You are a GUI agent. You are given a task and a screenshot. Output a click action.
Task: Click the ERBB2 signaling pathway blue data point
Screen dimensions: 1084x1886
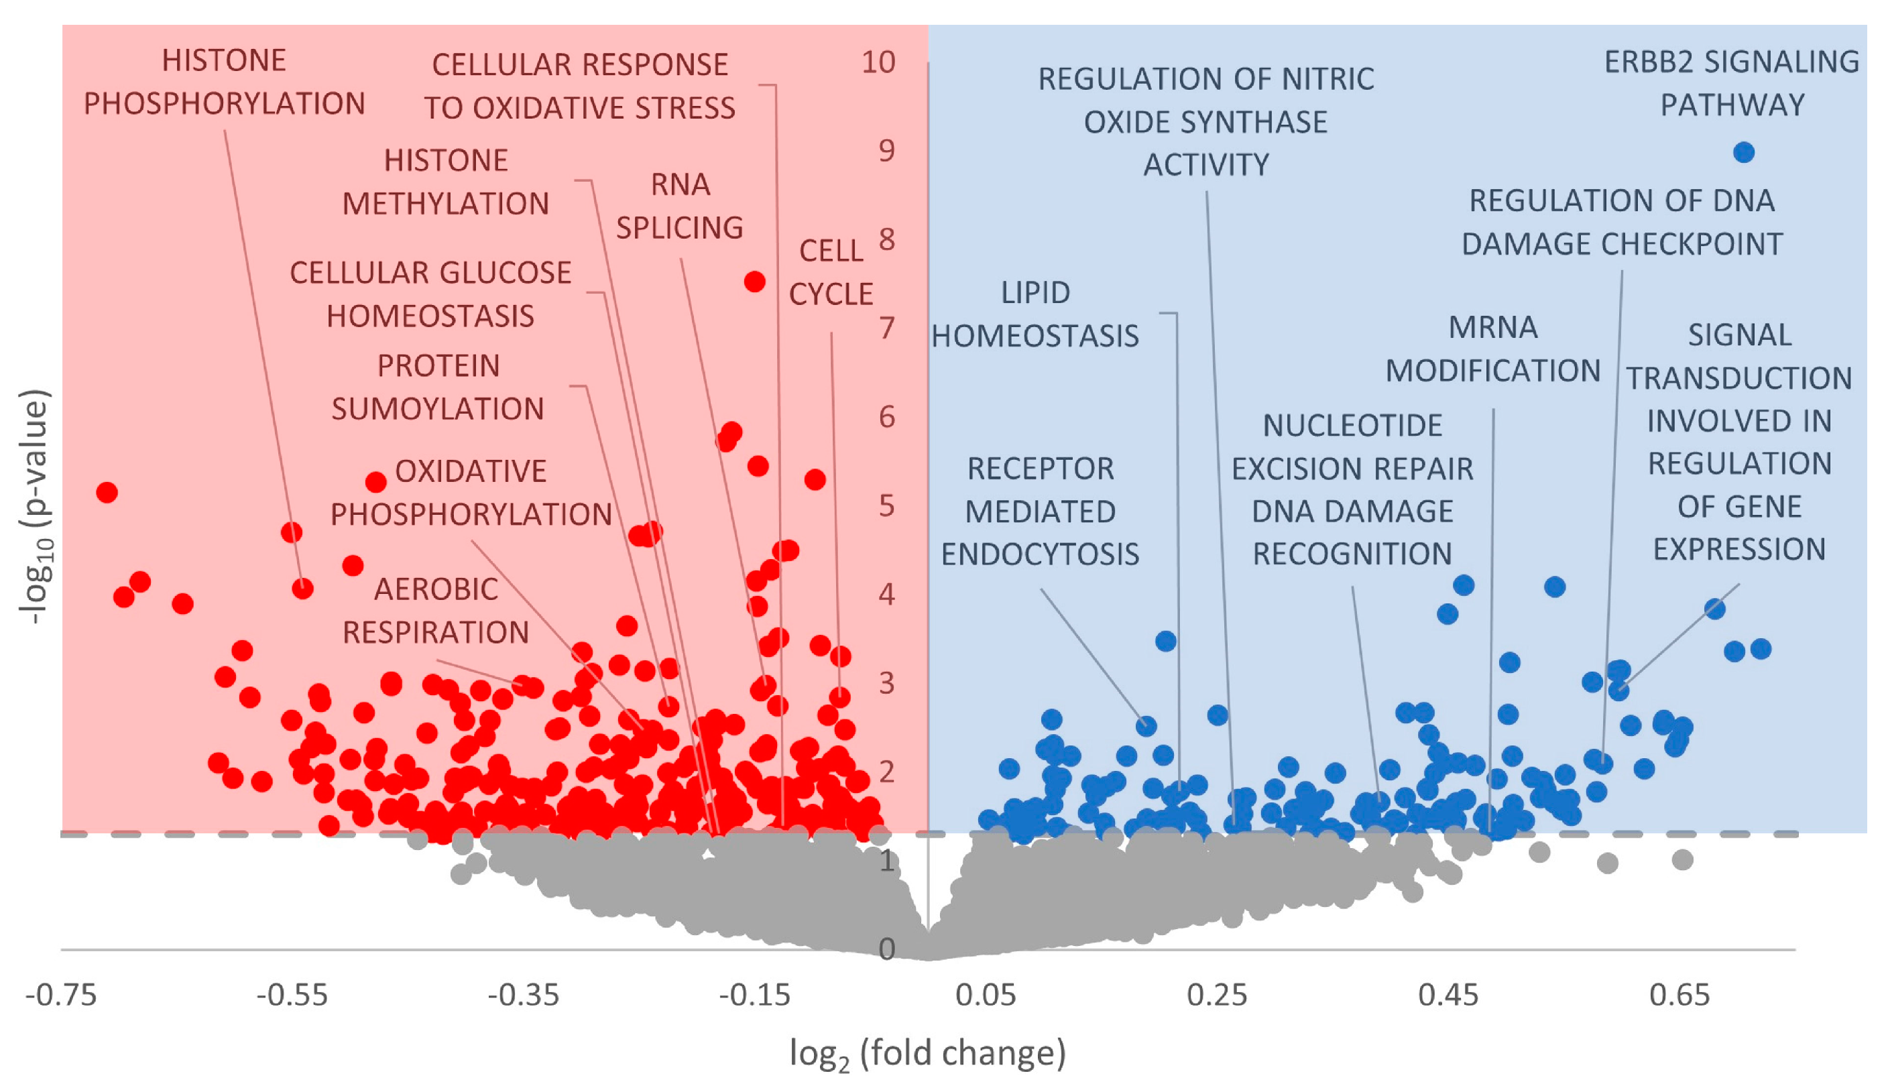(1744, 153)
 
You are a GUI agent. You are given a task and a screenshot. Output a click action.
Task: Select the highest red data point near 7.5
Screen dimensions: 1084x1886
(754, 282)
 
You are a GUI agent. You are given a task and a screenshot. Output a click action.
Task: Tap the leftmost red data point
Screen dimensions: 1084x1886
(107, 492)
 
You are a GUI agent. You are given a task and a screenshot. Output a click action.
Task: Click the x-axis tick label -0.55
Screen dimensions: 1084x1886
(292, 996)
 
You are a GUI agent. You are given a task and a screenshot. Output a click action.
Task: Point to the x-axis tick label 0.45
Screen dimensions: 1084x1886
(1448, 996)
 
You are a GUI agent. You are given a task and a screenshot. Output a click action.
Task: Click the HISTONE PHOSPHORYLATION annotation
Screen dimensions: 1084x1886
(224, 82)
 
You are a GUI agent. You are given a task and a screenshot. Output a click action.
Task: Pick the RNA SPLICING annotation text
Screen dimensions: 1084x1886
(679, 206)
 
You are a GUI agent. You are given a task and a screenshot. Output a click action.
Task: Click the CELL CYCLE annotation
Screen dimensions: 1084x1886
(831, 272)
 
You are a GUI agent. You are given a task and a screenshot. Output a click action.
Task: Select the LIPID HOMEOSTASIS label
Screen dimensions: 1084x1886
(1035, 314)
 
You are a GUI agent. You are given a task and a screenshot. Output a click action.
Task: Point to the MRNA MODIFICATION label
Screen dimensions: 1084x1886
(1493, 349)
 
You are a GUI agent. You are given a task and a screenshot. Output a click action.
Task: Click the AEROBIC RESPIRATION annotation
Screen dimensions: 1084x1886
(436, 611)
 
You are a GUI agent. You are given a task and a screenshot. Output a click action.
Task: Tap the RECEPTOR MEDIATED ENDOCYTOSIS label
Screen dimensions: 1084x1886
(1040, 511)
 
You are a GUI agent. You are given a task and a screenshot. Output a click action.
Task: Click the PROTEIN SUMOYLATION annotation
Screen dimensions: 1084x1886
(438, 387)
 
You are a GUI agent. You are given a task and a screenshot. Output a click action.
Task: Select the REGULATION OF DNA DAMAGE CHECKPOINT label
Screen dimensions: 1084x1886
(1622, 222)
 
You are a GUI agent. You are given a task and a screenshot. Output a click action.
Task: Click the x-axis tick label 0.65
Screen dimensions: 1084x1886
(1679, 996)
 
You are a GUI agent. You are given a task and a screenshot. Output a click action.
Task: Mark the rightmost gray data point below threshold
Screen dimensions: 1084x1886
(1683, 860)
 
